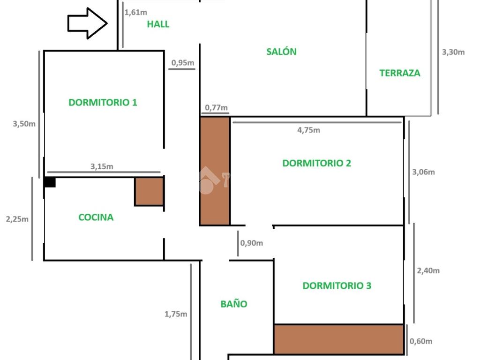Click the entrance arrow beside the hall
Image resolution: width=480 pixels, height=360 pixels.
[87, 23]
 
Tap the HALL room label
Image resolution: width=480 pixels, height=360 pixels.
[158, 24]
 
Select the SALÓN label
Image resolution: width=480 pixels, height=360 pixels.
[281, 52]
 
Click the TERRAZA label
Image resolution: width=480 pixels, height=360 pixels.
[400, 73]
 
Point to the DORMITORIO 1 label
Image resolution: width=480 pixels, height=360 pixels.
[103, 102]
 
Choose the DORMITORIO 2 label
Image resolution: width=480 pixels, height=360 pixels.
[316, 163]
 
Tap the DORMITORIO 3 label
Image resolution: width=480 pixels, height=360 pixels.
[337, 285]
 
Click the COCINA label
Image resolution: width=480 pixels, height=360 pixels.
[96, 217]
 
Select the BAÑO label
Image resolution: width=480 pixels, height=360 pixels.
[234, 303]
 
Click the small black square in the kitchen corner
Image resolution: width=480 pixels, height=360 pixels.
[50, 182]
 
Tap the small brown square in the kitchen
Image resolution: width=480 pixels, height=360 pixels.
[149, 192]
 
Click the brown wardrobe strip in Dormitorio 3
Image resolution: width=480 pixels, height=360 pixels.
[338, 339]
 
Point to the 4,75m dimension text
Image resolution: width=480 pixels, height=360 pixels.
[308, 130]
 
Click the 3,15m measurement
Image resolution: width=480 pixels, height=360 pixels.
[102, 166]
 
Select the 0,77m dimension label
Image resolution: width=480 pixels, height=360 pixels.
[216, 108]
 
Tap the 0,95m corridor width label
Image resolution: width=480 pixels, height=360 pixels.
[183, 63]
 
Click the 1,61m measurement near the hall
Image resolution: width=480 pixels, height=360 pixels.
[135, 13]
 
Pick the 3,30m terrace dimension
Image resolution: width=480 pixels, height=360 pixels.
[453, 52]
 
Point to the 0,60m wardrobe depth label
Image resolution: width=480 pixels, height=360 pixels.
[421, 341]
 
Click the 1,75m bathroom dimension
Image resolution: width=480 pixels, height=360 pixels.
[176, 314]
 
